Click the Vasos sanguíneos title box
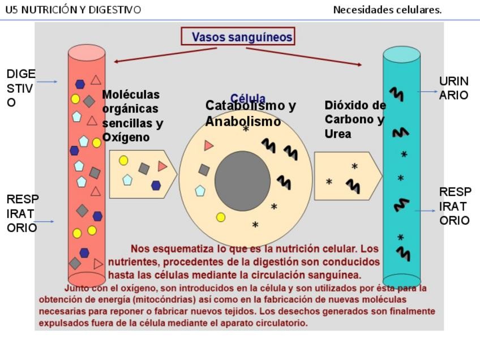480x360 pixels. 238,37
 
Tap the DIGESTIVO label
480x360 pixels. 21,88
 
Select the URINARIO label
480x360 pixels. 454,88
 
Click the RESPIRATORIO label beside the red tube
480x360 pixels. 22,213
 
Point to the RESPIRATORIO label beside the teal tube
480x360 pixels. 455,206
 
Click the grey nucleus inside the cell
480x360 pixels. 242,181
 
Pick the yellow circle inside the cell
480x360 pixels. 221,217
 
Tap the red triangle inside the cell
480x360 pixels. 208,145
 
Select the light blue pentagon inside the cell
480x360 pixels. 200,191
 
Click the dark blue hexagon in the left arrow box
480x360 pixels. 156,185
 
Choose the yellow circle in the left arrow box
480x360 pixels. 123,160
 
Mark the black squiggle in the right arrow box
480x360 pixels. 353,186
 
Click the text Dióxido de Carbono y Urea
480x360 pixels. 354,119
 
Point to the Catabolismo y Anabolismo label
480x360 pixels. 250,113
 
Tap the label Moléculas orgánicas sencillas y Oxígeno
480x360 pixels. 132,115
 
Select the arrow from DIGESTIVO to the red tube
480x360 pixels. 47,82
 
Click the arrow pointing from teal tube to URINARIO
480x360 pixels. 427,91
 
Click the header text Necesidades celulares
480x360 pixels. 387,10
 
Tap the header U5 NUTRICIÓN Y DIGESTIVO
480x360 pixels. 73,10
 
